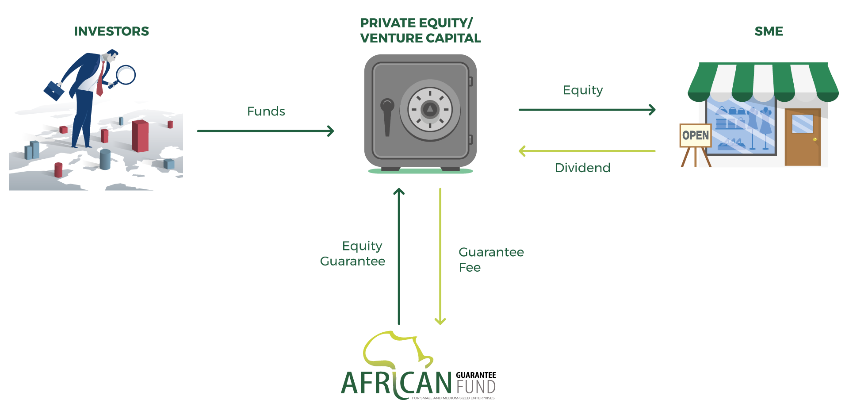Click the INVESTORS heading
coord(111,31)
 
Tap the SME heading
coord(769,31)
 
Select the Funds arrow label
coord(266,111)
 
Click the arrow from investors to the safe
coord(265,131)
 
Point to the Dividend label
coord(582,168)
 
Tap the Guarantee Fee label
coord(491,260)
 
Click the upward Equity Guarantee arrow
coord(399,257)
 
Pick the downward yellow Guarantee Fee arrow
coord(440,257)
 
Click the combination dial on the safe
coord(430,109)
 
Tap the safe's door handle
coord(387,115)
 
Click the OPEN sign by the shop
coord(695,135)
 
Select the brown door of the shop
coord(803,137)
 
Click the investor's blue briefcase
coord(54,90)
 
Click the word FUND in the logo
coord(476,387)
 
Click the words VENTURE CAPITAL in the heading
coord(420,38)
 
